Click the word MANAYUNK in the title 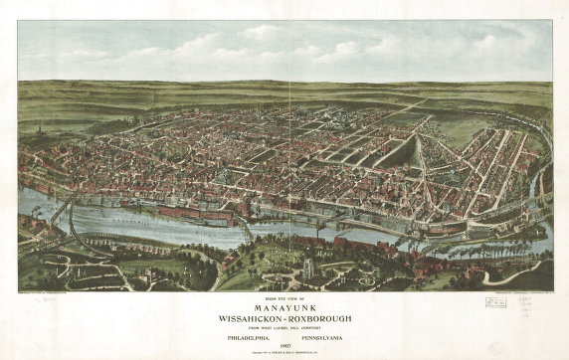click(284, 307)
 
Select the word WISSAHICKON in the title click(252, 319)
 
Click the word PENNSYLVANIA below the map click(324, 336)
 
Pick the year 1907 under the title click(284, 344)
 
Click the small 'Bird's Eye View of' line click(284, 298)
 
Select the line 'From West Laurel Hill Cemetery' click(284, 327)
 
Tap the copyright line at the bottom click(284, 352)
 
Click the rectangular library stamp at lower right click(494, 301)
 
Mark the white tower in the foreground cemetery click(307, 267)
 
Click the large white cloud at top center click(269, 38)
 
